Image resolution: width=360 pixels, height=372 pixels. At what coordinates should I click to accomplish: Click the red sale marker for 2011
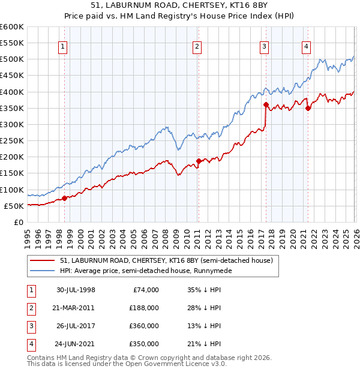click(199, 161)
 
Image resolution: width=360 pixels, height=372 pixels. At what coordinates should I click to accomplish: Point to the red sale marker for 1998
click(65, 198)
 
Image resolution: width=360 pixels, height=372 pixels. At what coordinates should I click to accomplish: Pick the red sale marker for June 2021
click(307, 109)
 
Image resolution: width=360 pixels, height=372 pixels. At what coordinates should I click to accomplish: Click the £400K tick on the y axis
click(12, 92)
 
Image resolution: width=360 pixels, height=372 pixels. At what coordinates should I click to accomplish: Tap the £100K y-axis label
click(12, 190)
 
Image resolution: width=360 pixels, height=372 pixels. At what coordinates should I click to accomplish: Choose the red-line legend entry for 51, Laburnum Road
click(166, 260)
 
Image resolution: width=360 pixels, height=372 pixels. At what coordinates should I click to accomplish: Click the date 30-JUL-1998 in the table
click(76, 290)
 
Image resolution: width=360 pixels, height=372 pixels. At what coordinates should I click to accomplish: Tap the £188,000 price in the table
click(144, 308)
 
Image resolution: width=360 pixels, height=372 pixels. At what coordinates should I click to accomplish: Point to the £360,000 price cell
click(144, 326)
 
